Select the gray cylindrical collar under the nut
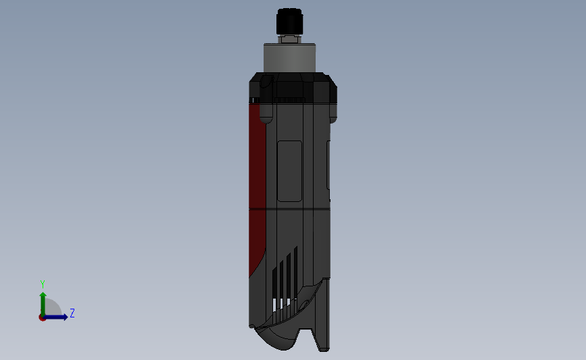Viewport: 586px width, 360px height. (289, 58)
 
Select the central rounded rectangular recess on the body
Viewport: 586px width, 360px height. (290, 171)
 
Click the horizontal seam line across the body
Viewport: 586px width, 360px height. (291, 209)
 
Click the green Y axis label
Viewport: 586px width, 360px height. (42, 284)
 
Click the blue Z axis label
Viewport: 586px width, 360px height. (72, 313)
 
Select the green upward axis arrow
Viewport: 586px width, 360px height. (42, 301)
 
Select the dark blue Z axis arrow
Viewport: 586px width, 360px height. (57, 317)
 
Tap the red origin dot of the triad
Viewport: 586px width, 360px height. (42, 317)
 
